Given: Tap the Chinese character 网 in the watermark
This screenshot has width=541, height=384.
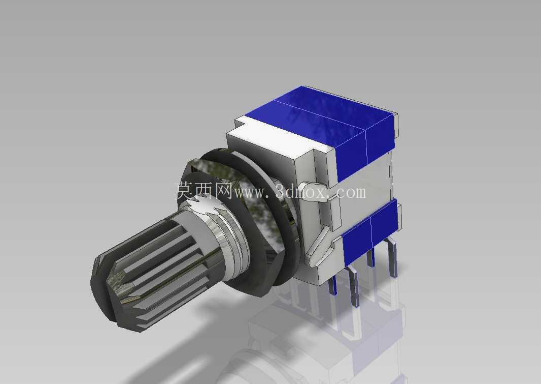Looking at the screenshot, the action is pos(224,191).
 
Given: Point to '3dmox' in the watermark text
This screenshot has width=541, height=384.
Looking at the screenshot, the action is pos(302,191).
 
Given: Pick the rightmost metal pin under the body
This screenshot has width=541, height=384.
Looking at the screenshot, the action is pos(392,257).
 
